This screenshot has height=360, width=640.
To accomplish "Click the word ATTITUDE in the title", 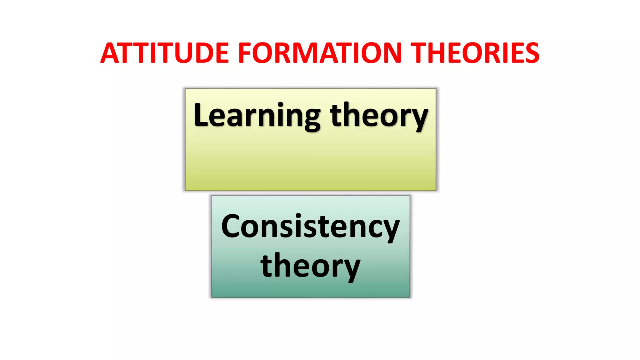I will coord(165,53).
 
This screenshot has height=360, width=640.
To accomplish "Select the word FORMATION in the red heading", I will coord(320,53).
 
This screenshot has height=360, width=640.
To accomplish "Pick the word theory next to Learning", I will coord(379,116).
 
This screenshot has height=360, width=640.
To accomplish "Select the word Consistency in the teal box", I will coord(310,227).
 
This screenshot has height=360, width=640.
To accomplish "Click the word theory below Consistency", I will coord(310,266).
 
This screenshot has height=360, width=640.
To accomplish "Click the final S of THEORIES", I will coord(532,53).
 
